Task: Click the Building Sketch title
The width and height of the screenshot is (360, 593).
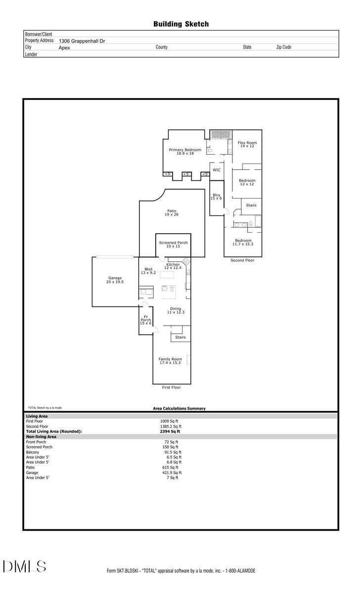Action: (x=180, y=24)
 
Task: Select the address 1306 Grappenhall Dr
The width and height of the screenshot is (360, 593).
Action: (x=82, y=42)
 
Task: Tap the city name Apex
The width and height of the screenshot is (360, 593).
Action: (x=64, y=48)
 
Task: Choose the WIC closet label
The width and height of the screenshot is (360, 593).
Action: (x=217, y=170)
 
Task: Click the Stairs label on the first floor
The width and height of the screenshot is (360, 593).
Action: (x=180, y=338)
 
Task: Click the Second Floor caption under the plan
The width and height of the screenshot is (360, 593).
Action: (x=242, y=260)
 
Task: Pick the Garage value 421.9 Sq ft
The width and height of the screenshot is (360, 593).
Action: (x=172, y=472)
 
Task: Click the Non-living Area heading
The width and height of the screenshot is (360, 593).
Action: (x=41, y=437)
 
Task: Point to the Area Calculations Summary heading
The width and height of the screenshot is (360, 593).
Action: (x=179, y=409)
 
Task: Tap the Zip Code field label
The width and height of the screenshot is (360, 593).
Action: (x=283, y=47)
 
